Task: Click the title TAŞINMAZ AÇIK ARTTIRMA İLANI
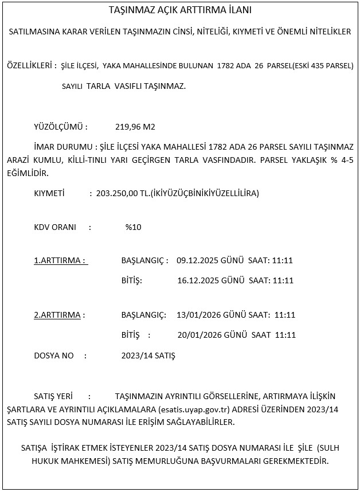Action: click(x=180, y=10)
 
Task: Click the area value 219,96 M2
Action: click(x=135, y=126)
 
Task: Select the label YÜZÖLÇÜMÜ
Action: click(x=61, y=126)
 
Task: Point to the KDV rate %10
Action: click(x=133, y=227)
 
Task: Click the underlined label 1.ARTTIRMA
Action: click(x=60, y=260)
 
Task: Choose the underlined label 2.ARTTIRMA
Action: click(x=59, y=315)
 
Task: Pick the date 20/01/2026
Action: click(x=198, y=335)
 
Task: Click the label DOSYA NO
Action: click(x=54, y=356)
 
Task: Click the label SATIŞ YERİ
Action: click(x=53, y=396)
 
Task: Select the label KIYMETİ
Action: click(x=49, y=193)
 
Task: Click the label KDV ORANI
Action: click(x=55, y=227)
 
